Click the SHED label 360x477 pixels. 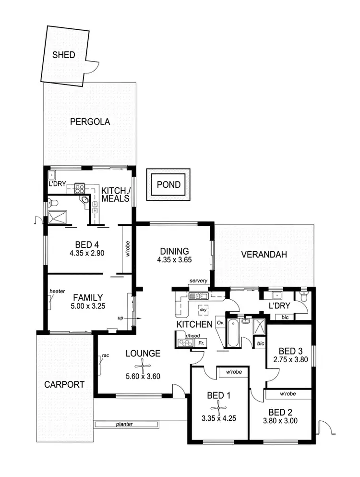[x=64, y=55]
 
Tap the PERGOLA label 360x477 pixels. [x=90, y=122]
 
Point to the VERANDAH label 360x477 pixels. [x=264, y=255]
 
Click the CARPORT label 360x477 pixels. [x=64, y=384]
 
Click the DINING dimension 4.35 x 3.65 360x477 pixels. [x=174, y=260]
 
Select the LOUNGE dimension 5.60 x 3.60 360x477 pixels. [x=143, y=377]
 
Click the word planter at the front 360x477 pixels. [x=123, y=424]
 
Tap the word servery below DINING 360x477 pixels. [x=198, y=281]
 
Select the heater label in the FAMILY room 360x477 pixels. [x=57, y=291]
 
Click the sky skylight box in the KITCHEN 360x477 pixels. [x=204, y=310]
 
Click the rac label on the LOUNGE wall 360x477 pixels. [x=104, y=356]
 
